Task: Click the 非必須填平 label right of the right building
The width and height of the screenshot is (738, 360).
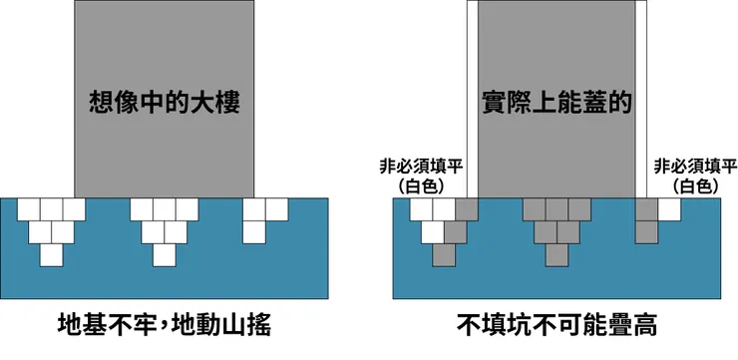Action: pyautogui.click(x=695, y=166)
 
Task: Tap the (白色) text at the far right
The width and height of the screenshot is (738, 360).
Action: pyautogui.click(x=695, y=185)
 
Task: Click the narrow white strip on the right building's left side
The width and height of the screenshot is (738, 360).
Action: pyautogui.click(x=473, y=100)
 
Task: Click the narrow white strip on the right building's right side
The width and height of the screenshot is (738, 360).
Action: pyautogui.click(x=642, y=100)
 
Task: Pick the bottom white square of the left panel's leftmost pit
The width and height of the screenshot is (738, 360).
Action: pyautogui.click(x=51, y=253)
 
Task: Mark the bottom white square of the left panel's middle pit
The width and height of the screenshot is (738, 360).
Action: pyautogui.click(x=165, y=253)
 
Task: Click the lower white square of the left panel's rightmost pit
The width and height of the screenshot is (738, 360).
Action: pyautogui.click(x=254, y=231)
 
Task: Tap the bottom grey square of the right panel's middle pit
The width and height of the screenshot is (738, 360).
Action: pyautogui.click(x=557, y=253)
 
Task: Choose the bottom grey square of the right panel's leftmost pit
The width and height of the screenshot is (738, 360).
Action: pyautogui.click(x=444, y=253)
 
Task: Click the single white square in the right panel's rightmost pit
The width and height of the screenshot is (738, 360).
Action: pyautogui.click(x=669, y=209)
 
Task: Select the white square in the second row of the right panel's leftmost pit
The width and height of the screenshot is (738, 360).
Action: pyautogui.click(x=432, y=231)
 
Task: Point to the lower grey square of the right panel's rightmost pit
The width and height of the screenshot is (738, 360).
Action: pyautogui.click(x=647, y=231)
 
